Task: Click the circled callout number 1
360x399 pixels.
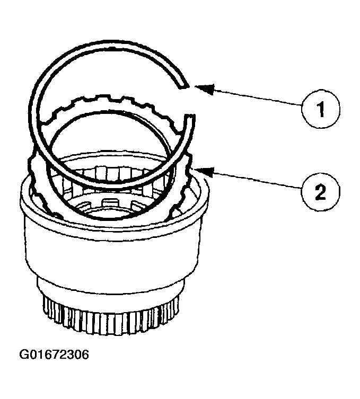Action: click(321, 109)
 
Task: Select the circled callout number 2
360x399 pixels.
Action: click(321, 192)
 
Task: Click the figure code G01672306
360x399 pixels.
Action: click(54, 354)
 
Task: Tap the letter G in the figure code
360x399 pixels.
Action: click(24, 354)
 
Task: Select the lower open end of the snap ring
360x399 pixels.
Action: click(189, 117)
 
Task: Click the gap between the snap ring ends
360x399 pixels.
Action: click(188, 101)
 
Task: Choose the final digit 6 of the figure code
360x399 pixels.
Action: click(85, 354)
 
